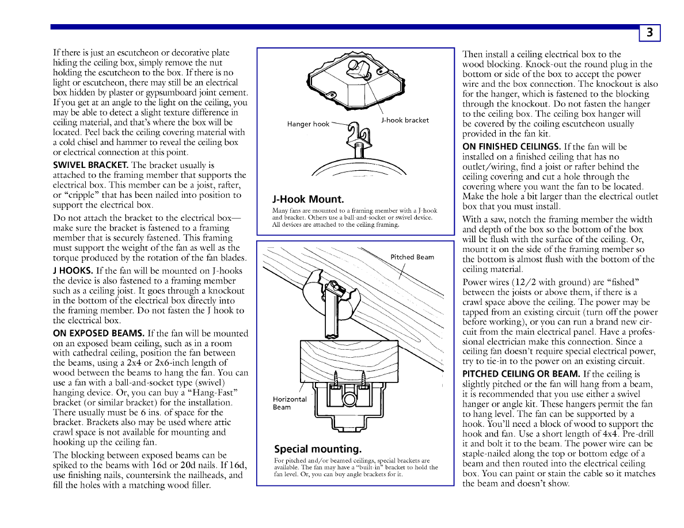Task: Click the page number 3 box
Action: pyautogui.click(x=649, y=33)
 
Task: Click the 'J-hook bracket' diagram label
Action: pyautogui.click(x=405, y=120)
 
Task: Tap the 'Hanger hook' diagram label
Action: pyautogui.click(x=308, y=124)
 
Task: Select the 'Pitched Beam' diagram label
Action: pyautogui.click(x=412, y=257)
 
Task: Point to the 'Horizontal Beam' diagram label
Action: pyautogui.click(x=290, y=403)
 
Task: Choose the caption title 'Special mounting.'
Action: pyautogui.click(x=317, y=449)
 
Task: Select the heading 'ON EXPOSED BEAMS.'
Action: pyautogui.click(x=98, y=333)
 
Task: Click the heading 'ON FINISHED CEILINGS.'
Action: pyautogui.click(x=512, y=147)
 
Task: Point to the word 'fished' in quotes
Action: pyautogui.click(x=619, y=282)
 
